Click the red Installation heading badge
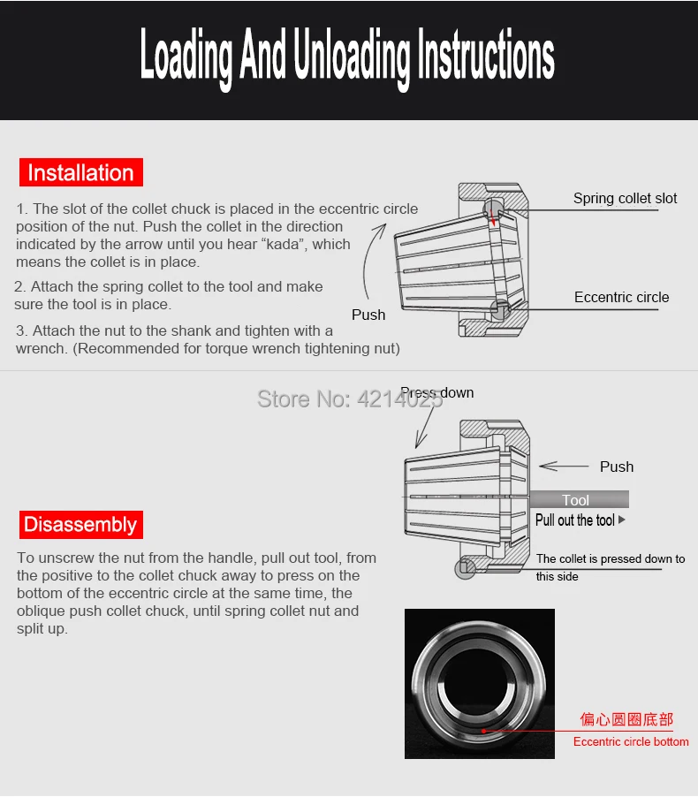point(81,172)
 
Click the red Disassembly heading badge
point(81,525)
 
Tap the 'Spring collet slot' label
point(625,198)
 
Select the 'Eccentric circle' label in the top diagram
point(621,297)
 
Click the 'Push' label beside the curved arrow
point(368,315)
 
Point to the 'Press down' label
point(437,392)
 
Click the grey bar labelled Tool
point(580,499)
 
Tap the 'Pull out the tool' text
point(575,520)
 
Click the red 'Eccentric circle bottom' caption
point(631,741)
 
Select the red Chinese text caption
point(626,719)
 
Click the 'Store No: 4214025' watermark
point(350,399)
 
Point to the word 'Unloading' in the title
point(352,55)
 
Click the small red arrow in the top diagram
point(492,216)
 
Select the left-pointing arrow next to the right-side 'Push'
point(564,466)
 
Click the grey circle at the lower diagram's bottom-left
point(465,568)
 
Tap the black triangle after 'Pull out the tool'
point(622,520)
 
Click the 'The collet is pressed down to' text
point(611,558)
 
